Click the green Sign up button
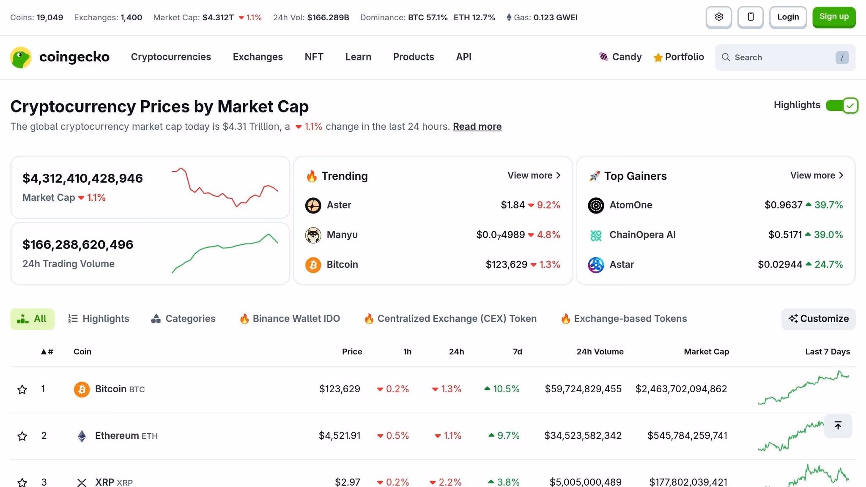(833, 17)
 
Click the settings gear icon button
(718, 17)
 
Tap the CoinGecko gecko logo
(21, 57)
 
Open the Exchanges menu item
(258, 57)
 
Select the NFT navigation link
(314, 57)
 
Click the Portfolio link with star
(679, 57)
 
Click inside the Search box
(782, 57)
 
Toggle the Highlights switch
(841, 105)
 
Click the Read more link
(477, 126)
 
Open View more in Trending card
(534, 175)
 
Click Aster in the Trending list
(339, 205)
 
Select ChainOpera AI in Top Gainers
(642, 235)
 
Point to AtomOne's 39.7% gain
(828, 205)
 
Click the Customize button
(818, 319)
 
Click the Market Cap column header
(706, 352)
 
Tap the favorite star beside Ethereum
(22, 436)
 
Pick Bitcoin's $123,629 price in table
(339, 389)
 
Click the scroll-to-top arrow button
(838, 426)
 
